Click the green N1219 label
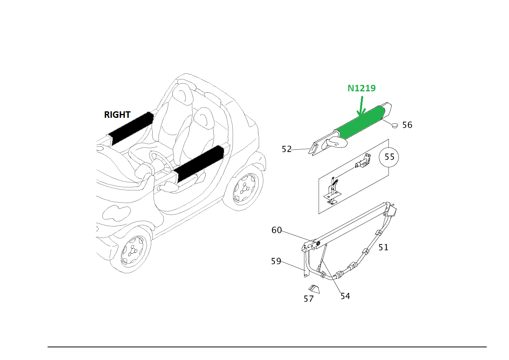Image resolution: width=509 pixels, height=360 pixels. coord(361,88)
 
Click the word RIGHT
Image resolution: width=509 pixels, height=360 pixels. coord(117,115)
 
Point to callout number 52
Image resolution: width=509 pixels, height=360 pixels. coord(287,149)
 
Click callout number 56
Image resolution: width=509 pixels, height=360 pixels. coord(407,125)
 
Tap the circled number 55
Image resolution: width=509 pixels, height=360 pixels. coord(389,157)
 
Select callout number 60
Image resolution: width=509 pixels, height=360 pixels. coord(276,230)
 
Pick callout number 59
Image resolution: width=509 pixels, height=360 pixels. coord(276,261)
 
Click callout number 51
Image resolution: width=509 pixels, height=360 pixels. coord(383,248)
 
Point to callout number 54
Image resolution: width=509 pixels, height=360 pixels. coord(345,296)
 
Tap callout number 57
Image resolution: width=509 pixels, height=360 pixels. coord(309,299)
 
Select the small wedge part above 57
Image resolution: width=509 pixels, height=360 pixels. coord(314,289)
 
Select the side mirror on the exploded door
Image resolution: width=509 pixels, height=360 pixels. coord(335,142)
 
